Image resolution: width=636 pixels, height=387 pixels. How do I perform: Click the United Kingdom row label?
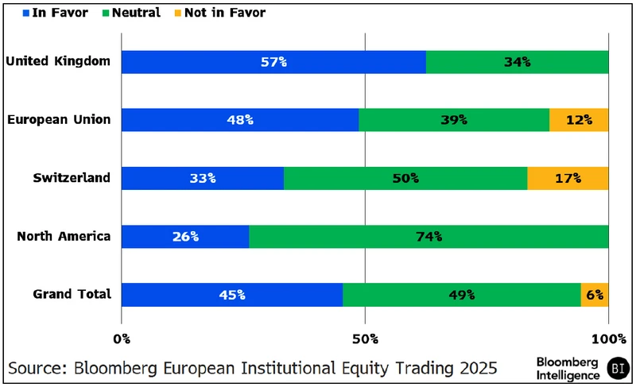click(x=57, y=61)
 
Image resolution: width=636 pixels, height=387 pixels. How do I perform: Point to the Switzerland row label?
click(x=72, y=178)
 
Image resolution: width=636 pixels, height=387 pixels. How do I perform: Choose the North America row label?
click(x=64, y=236)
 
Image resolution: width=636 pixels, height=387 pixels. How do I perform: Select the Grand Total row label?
click(x=72, y=294)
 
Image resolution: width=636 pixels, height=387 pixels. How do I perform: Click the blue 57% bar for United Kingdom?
click(x=273, y=62)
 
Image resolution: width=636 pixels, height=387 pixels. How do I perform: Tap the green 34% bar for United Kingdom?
click(x=517, y=62)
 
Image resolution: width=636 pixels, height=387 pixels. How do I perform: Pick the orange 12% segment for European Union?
click(x=579, y=120)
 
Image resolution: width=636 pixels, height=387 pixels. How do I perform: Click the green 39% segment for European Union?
click(x=454, y=120)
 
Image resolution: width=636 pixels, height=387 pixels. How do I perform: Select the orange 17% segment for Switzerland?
click(x=568, y=178)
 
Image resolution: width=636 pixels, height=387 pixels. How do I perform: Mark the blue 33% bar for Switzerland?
click(x=203, y=178)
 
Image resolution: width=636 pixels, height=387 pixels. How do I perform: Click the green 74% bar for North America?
click(x=429, y=236)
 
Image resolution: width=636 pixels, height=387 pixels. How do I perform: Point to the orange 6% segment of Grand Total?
click(x=595, y=294)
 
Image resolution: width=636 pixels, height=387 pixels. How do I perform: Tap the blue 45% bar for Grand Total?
click(x=232, y=294)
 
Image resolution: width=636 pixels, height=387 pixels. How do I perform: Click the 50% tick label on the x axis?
click(x=365, y=339)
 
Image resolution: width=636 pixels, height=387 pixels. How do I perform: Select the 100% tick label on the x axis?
click(x=608, y=339)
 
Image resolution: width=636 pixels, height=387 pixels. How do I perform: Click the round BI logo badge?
click(x=617, y=368)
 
